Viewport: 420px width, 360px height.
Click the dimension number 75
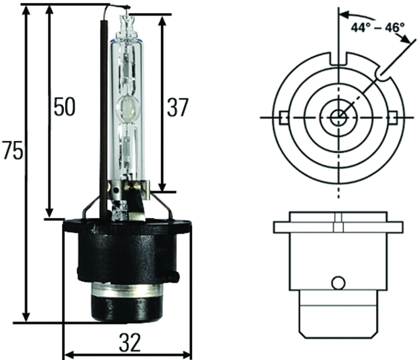[x=12, y=151]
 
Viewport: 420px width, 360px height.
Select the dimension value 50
[x=64, y=107]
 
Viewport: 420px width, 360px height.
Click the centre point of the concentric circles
[x=339, y=117]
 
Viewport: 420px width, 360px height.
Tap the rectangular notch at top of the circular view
[x=339, y=58]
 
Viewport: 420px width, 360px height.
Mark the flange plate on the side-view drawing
[x=339, y=227]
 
